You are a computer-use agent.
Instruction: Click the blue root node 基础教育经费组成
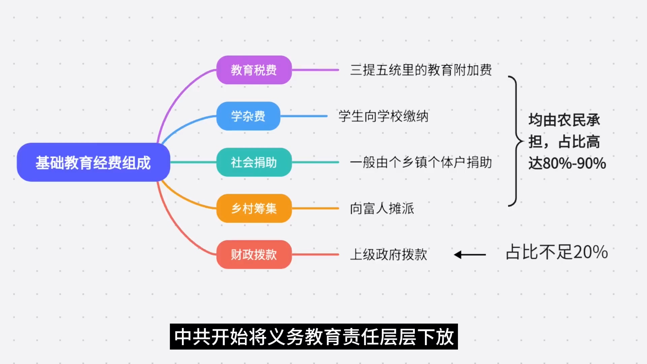pos(93,162)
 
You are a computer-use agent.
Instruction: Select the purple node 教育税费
pos(254,70)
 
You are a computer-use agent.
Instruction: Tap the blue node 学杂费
pos(248,116)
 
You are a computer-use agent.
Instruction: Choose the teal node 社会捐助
pos(254,162)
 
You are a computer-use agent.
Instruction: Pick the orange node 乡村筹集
pos(254,208)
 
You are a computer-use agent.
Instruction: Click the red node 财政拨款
pos(254,254)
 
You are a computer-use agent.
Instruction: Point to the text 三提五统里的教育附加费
pos(421,70)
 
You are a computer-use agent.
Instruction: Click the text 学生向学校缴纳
pos(383,116)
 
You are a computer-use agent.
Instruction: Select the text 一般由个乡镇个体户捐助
pos(421,162)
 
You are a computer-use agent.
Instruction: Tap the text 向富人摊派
pos(382,208)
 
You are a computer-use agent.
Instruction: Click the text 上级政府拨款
pos(389,254)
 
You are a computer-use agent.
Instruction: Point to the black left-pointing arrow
pos(470,255)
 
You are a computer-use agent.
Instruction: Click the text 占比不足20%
pos(557,252)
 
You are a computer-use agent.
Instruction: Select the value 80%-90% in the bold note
pos(574,163)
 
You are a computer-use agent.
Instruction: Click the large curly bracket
pos(516,141)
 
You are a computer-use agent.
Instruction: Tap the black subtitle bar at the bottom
pos(314,337)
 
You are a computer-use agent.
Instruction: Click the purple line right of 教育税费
pos(315,70)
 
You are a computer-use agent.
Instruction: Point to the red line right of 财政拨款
pos(315,254)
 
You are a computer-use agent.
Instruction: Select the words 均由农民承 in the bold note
pos(564,120)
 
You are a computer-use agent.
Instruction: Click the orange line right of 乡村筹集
pos(315,208)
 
